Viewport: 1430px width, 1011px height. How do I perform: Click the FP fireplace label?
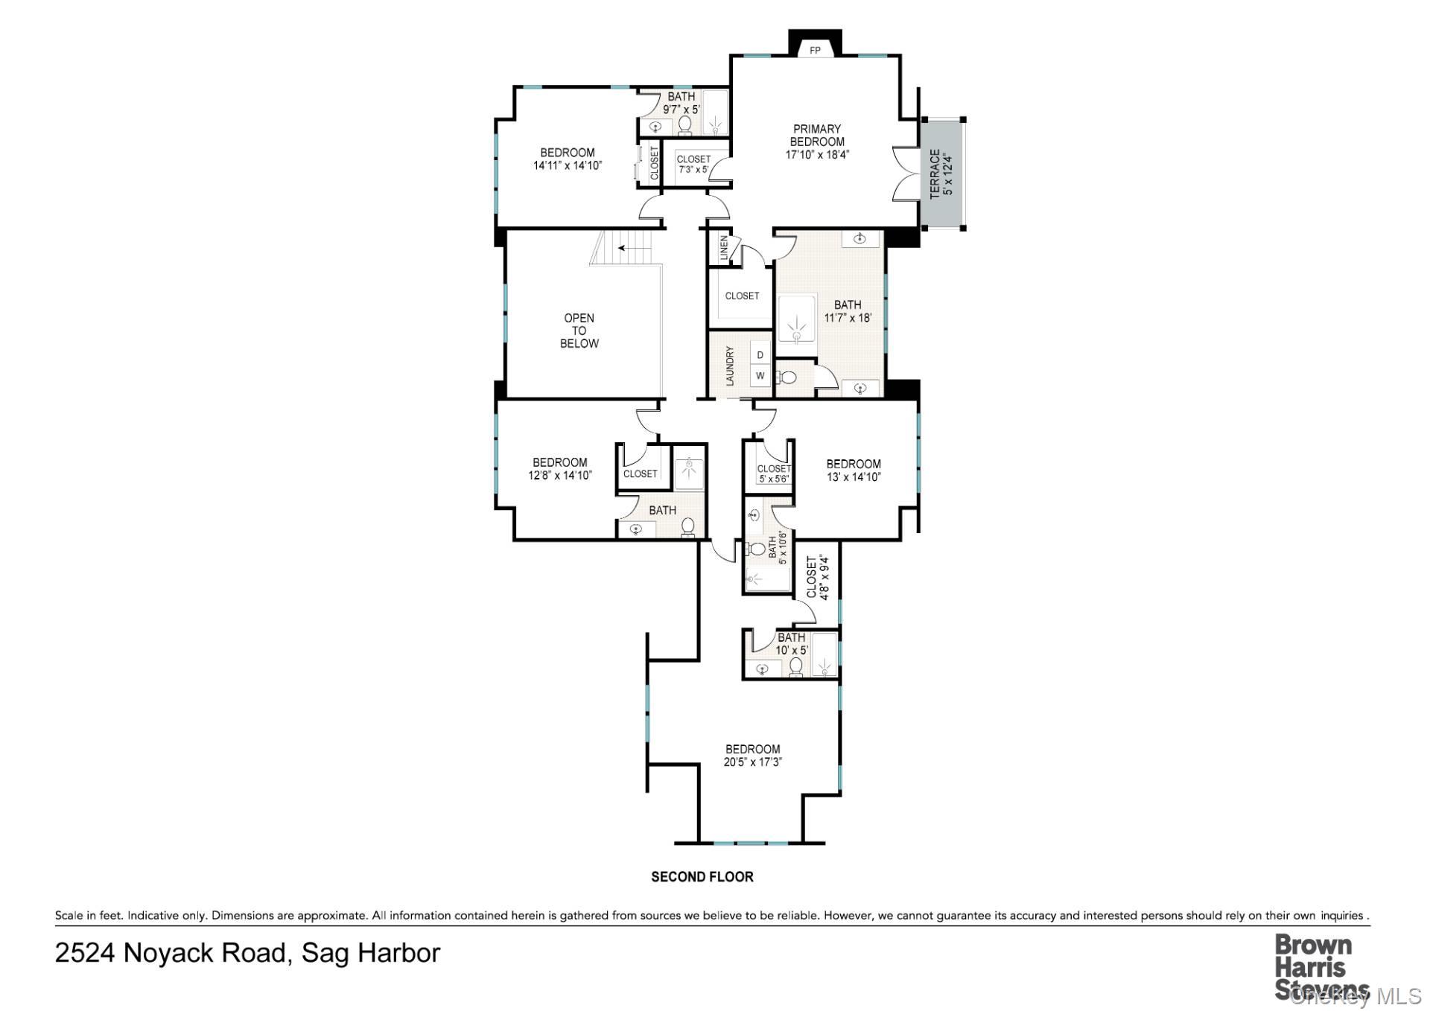(815, 51)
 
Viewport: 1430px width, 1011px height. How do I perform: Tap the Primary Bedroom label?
(817, 141)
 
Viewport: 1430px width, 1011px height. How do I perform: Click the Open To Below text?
(579, 331)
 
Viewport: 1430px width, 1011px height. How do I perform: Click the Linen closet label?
(723, 249)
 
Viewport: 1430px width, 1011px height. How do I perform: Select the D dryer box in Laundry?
(760, 355)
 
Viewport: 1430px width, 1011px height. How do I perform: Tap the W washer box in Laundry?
(760, 376)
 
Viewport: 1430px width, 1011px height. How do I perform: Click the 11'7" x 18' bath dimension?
(848, 318)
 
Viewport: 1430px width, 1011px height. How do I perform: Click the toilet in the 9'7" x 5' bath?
(685, 125)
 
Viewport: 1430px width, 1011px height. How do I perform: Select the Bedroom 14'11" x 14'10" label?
(568, 159)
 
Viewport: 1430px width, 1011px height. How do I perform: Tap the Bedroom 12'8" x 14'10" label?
(560, 469)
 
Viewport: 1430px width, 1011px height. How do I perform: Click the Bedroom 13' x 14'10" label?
(854, 471)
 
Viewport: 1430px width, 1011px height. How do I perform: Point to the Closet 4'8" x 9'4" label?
(817, 577)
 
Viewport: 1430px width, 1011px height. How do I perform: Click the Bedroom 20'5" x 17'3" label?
(753, 756)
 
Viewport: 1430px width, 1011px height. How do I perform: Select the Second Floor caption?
(702, 877)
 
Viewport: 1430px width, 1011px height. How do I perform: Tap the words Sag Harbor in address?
(371, 953)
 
